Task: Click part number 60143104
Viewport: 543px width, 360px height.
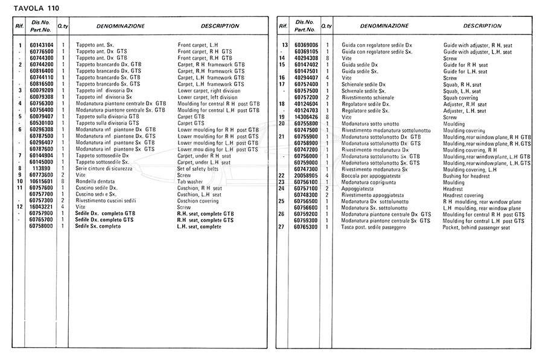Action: pyautogui.click(x=41, y=45)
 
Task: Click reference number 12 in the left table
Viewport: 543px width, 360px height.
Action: pyautogui.click(x=20, y=207)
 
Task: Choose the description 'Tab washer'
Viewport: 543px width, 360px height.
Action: pyautogui.click(x=190, y=182)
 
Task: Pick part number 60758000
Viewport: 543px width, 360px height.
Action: pyautogui.click(x=41, y=226)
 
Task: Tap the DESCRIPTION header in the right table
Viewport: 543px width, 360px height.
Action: pyautogui.click(x=482, y=27)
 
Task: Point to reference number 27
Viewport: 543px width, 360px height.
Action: pyautogui.click(x=281, y=227)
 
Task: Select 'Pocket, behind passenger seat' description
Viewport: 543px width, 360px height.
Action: pyautogui.click(x=476, y=227)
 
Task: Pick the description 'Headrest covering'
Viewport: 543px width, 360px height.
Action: pyautogui.click(x=463, y=195)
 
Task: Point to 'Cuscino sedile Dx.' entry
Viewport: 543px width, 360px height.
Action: pyautogui.click(x=97, y=188)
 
